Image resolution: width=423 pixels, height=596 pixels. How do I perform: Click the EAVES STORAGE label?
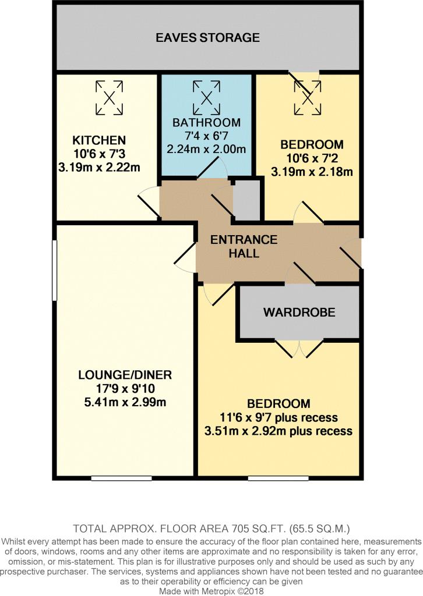tap(207, 38)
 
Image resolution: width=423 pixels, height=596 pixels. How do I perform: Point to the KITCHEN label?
tap(98, 140)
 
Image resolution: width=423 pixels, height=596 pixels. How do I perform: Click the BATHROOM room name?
tap(206, 122)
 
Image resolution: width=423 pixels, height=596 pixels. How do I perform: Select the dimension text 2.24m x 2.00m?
tap(206, 149)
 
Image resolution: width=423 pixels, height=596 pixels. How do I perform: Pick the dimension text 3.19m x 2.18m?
tap(312, 171)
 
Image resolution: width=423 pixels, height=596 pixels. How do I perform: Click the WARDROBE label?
tap(299, 313)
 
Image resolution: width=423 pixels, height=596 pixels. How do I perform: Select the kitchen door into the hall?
tap(150, 203)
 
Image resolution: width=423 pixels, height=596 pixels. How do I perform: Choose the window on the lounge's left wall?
tap(54, 271)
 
